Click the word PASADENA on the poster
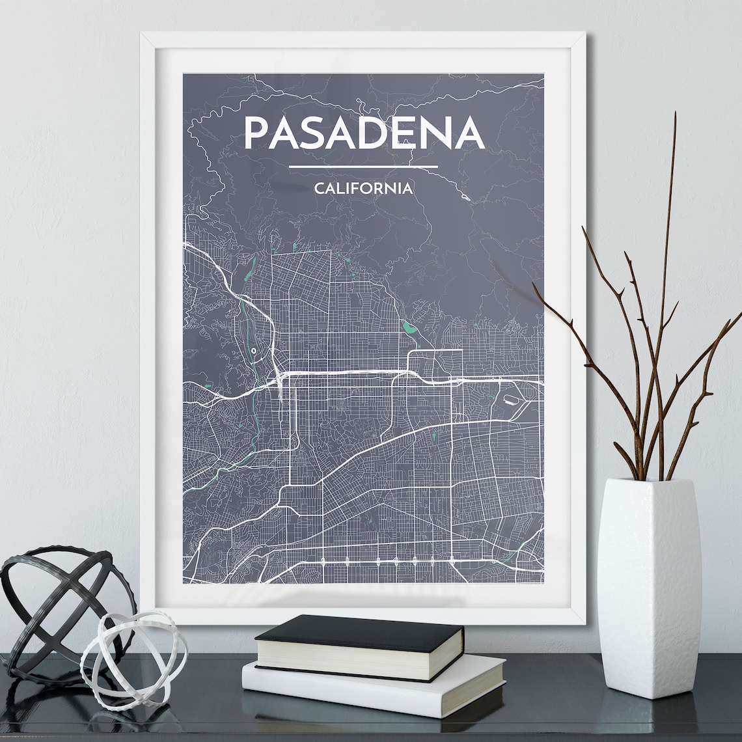[x=364, y=133]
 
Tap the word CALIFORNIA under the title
[x=363, y=189]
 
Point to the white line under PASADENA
[x=363, y=167]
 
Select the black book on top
[x=359, y=631]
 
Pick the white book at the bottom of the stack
[x=374, y=683]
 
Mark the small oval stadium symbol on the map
[x=253, y=351]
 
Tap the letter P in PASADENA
[x=256, y=133]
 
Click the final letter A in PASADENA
[x=468, y=133]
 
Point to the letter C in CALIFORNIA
[x=319, y=189]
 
